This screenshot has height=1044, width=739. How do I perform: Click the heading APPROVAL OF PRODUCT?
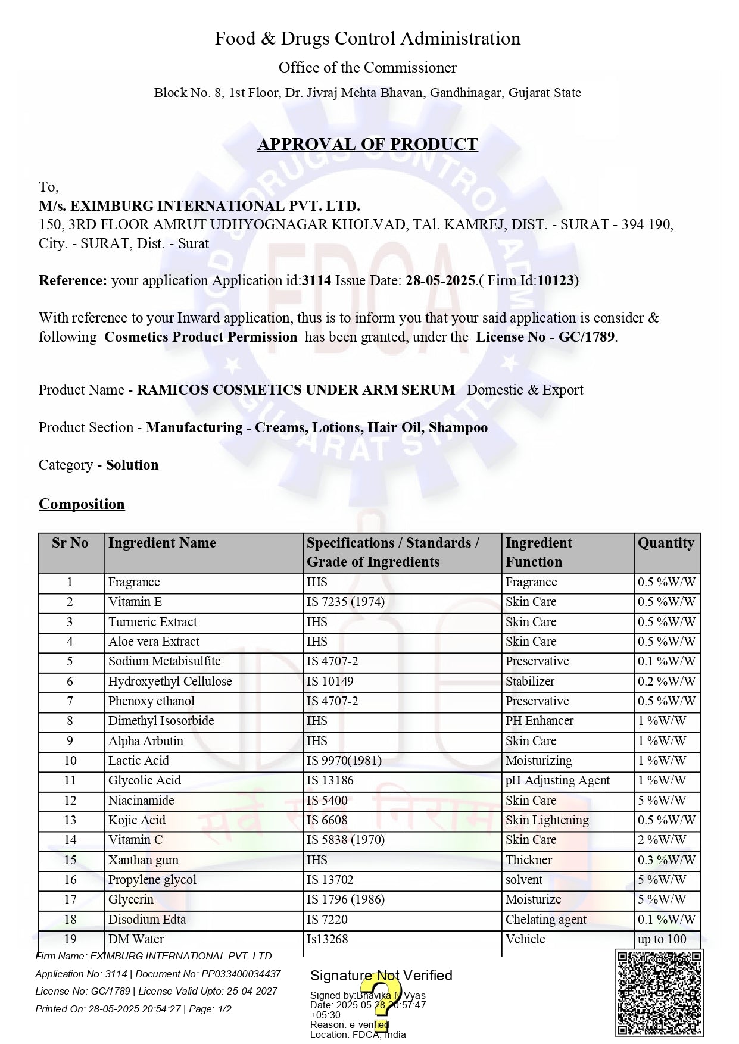pos(367,145)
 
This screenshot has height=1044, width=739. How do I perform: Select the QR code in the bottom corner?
pos(659,993)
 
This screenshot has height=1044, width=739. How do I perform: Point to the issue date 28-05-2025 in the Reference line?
pos(440,280)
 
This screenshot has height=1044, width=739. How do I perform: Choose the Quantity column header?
pos(666,543)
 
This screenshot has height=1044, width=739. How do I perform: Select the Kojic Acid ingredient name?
pos(137,820)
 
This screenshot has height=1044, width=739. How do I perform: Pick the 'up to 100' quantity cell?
pos(662,939)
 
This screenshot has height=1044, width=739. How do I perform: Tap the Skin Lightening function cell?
pos(547,820)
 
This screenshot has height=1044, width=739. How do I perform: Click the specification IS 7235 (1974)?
pos(345,602)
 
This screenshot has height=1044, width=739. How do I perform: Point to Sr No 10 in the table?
pos(70,761)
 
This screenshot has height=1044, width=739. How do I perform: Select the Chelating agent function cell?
pos(545,920)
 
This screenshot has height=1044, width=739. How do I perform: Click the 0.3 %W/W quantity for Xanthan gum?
pos(666,860)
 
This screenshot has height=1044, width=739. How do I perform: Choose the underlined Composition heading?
pos(82,504)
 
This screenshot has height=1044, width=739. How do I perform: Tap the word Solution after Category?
pos(132,465)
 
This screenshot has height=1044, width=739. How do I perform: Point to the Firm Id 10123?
pos(555,280)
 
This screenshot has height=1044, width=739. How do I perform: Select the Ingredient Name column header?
pos(162,543)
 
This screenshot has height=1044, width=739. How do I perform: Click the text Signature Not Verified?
pos(381,976)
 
